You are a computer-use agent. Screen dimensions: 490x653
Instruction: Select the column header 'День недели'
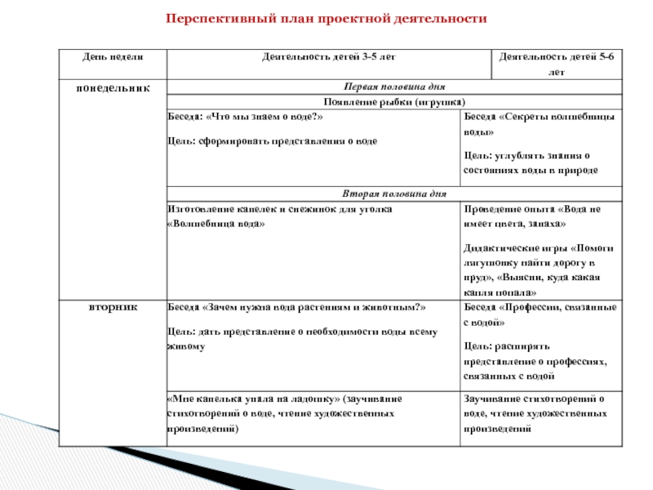coord(111,57)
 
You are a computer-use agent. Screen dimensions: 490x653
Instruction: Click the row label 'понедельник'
coord(112,86)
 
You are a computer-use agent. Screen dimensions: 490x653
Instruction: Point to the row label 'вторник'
coord(112,307)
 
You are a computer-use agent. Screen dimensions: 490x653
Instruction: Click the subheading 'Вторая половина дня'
coord(394,194)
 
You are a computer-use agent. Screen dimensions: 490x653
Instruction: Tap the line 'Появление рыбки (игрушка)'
coord(394,102)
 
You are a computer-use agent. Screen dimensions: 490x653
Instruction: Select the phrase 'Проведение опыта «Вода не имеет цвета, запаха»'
coord(537,216)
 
